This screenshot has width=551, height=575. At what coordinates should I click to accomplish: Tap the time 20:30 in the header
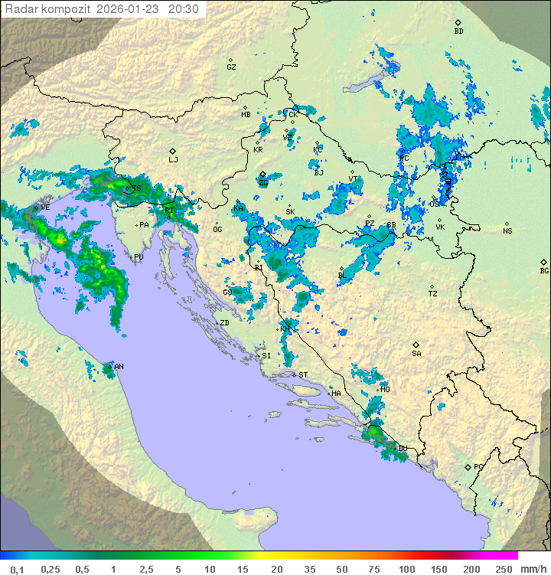183,9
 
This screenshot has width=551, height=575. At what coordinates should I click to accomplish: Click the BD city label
458,31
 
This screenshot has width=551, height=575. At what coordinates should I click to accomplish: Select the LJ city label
173,160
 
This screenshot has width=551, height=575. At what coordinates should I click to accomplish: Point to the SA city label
416,354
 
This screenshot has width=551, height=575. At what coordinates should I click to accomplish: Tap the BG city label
544,270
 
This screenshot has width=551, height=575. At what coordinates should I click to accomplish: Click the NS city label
507,231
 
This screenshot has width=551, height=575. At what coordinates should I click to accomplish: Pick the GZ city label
231,67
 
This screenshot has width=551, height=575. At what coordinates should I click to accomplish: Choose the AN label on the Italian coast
119,367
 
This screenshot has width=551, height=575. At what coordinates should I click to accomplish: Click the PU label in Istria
139,257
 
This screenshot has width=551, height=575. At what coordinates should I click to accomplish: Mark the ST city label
303,375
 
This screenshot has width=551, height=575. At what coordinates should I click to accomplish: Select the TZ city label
433,294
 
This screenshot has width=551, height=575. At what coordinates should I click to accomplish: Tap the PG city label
478,466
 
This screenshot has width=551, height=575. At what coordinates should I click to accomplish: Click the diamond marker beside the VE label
36,207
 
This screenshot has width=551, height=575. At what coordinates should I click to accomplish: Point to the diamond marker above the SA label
416,345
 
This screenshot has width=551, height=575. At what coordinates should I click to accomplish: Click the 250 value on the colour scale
503,569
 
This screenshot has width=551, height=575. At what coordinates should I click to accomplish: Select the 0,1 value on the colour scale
17,569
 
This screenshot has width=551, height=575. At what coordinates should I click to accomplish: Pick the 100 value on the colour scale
406,569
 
